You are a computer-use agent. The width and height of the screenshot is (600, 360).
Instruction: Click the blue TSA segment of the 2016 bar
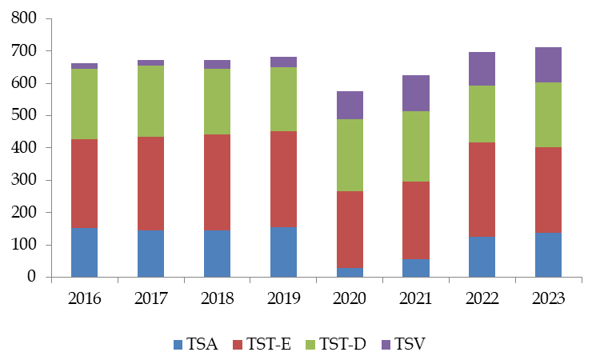[x=84, y=253]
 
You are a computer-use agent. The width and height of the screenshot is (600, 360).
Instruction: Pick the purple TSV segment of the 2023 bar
[x=548, y=65]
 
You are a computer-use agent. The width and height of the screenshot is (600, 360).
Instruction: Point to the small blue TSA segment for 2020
[x=350, y=273]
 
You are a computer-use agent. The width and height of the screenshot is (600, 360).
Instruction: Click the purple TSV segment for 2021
[x=416, y=94]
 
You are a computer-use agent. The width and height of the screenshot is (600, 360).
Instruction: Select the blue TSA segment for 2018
[x=217, y=254]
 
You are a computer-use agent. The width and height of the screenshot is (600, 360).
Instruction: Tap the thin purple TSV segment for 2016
[x=84, y=66]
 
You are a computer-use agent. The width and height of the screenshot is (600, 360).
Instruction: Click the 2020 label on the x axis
[x=350, y=298]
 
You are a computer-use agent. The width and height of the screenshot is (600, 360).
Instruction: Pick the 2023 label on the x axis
[x=548, y=298]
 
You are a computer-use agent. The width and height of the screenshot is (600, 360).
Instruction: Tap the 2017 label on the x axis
[x=150, y=298]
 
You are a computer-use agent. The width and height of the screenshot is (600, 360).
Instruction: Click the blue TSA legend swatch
[x=178, y=345]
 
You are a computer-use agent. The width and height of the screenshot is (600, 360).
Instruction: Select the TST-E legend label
[x=269, y=345]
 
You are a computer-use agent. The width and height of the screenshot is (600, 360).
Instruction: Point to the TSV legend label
[x=410, y=345]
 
